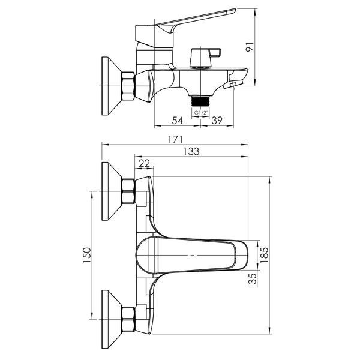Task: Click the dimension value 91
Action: (250, 47)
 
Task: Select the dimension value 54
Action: (178, 121)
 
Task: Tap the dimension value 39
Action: (217, 121)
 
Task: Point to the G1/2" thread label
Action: (201, 113)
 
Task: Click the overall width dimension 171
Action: (175, 140)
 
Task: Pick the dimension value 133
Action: (191, 152)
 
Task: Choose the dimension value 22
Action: (144, 163)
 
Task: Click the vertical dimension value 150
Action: (87, 255)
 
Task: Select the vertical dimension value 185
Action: (264, 255)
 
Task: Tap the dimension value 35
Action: (253, 278)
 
